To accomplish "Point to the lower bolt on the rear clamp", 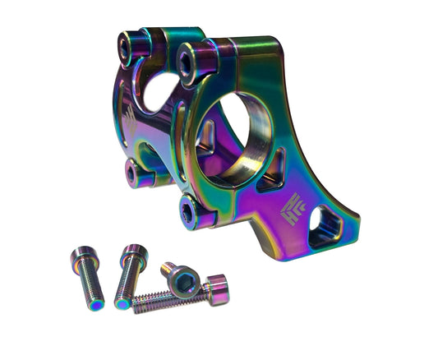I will pos(132,172).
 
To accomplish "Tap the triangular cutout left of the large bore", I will pos(205,135).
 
